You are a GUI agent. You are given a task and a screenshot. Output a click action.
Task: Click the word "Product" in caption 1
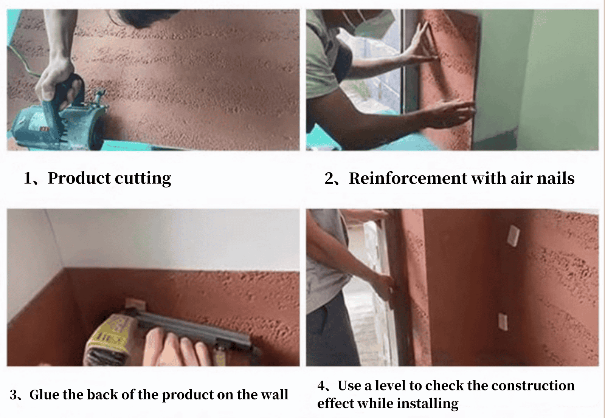79,178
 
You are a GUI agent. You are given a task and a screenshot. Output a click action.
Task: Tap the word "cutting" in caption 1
143,179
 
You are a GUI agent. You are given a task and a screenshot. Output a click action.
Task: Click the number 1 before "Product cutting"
28,179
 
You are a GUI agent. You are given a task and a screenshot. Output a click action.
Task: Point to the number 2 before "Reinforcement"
329,179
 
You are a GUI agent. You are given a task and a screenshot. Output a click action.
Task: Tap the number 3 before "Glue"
14,395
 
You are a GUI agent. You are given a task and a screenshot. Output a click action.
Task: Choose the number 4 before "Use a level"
321,386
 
